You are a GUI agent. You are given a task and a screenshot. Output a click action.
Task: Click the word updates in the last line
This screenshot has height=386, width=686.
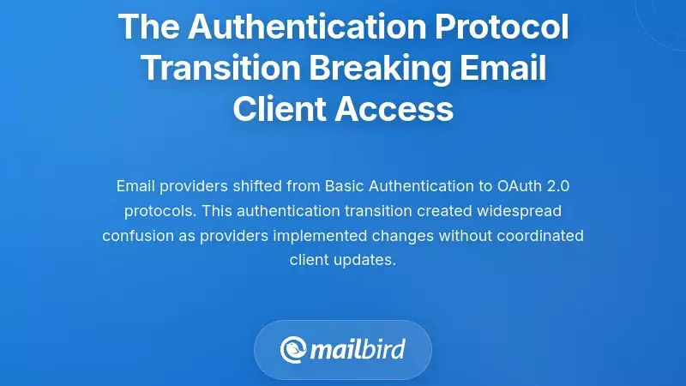coord(367,260)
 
